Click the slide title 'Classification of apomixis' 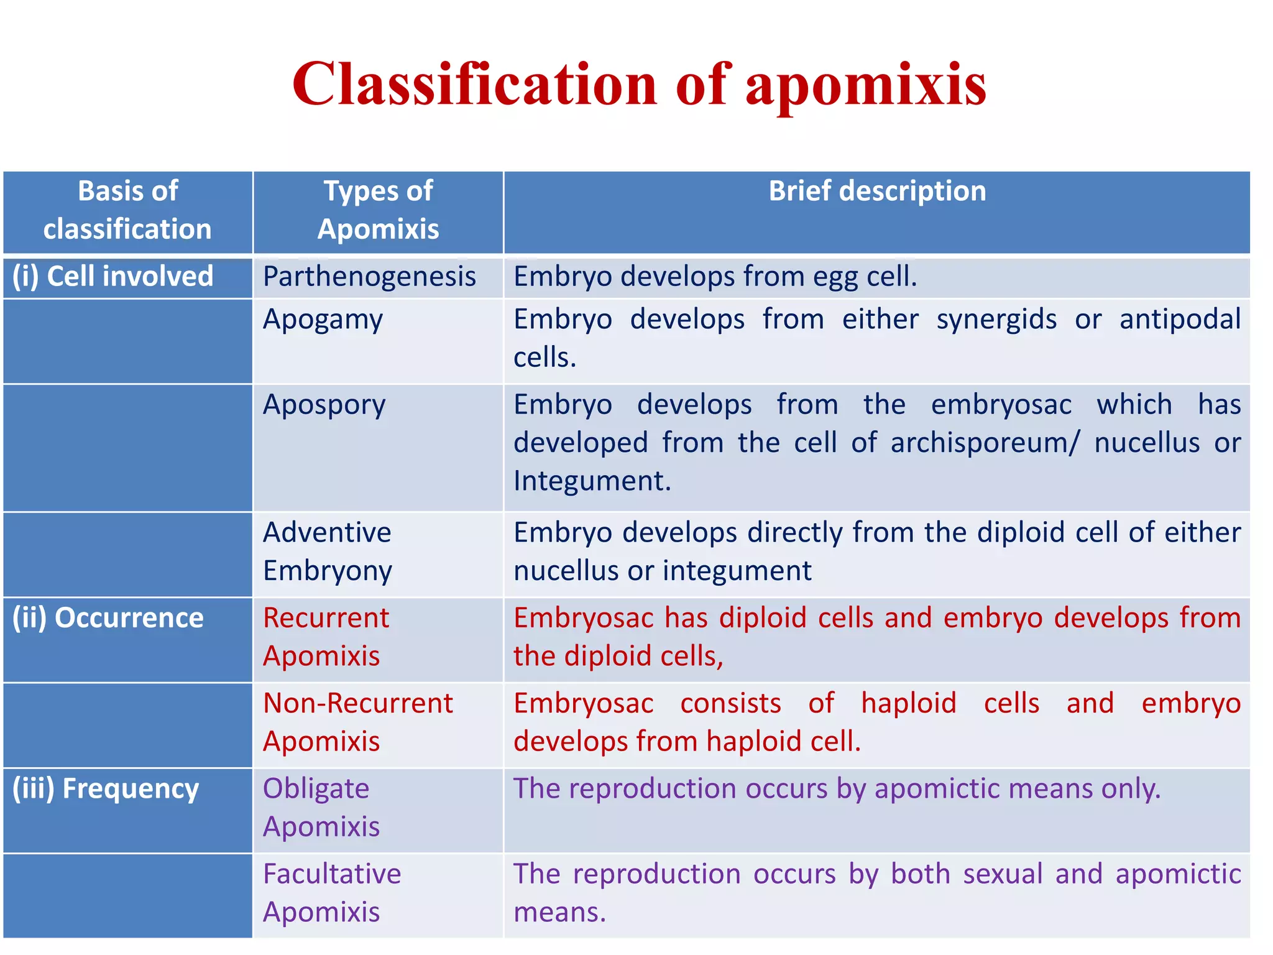tap(639, 85)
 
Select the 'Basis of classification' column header tap(127, 210)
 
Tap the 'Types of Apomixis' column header tap(378, 210)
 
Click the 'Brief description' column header tap(877, 191)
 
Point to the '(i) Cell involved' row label tap(113, 277)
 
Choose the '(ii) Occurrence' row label tap(108, 618)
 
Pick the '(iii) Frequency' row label tap(106, 788)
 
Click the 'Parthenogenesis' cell tap(369, 277)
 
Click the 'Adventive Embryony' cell tap(328, 551)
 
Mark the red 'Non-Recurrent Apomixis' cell tap(358, 722)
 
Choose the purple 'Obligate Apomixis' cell tap(321, 807)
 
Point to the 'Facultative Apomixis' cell tap(332, 892)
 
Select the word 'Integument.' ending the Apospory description tap(592, 481)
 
